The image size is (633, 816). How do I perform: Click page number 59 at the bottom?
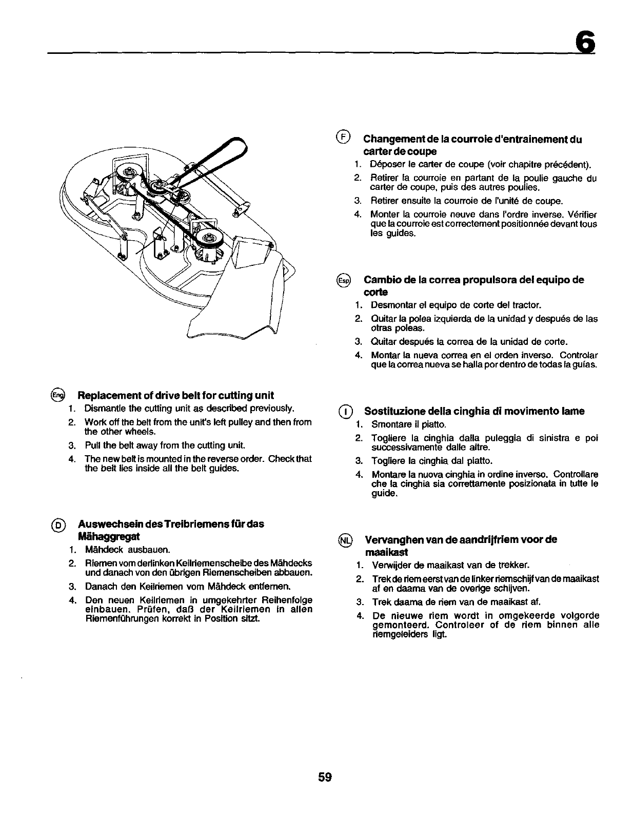324,776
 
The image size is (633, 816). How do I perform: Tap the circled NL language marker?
343,540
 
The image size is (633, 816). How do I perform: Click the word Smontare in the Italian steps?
389,424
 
